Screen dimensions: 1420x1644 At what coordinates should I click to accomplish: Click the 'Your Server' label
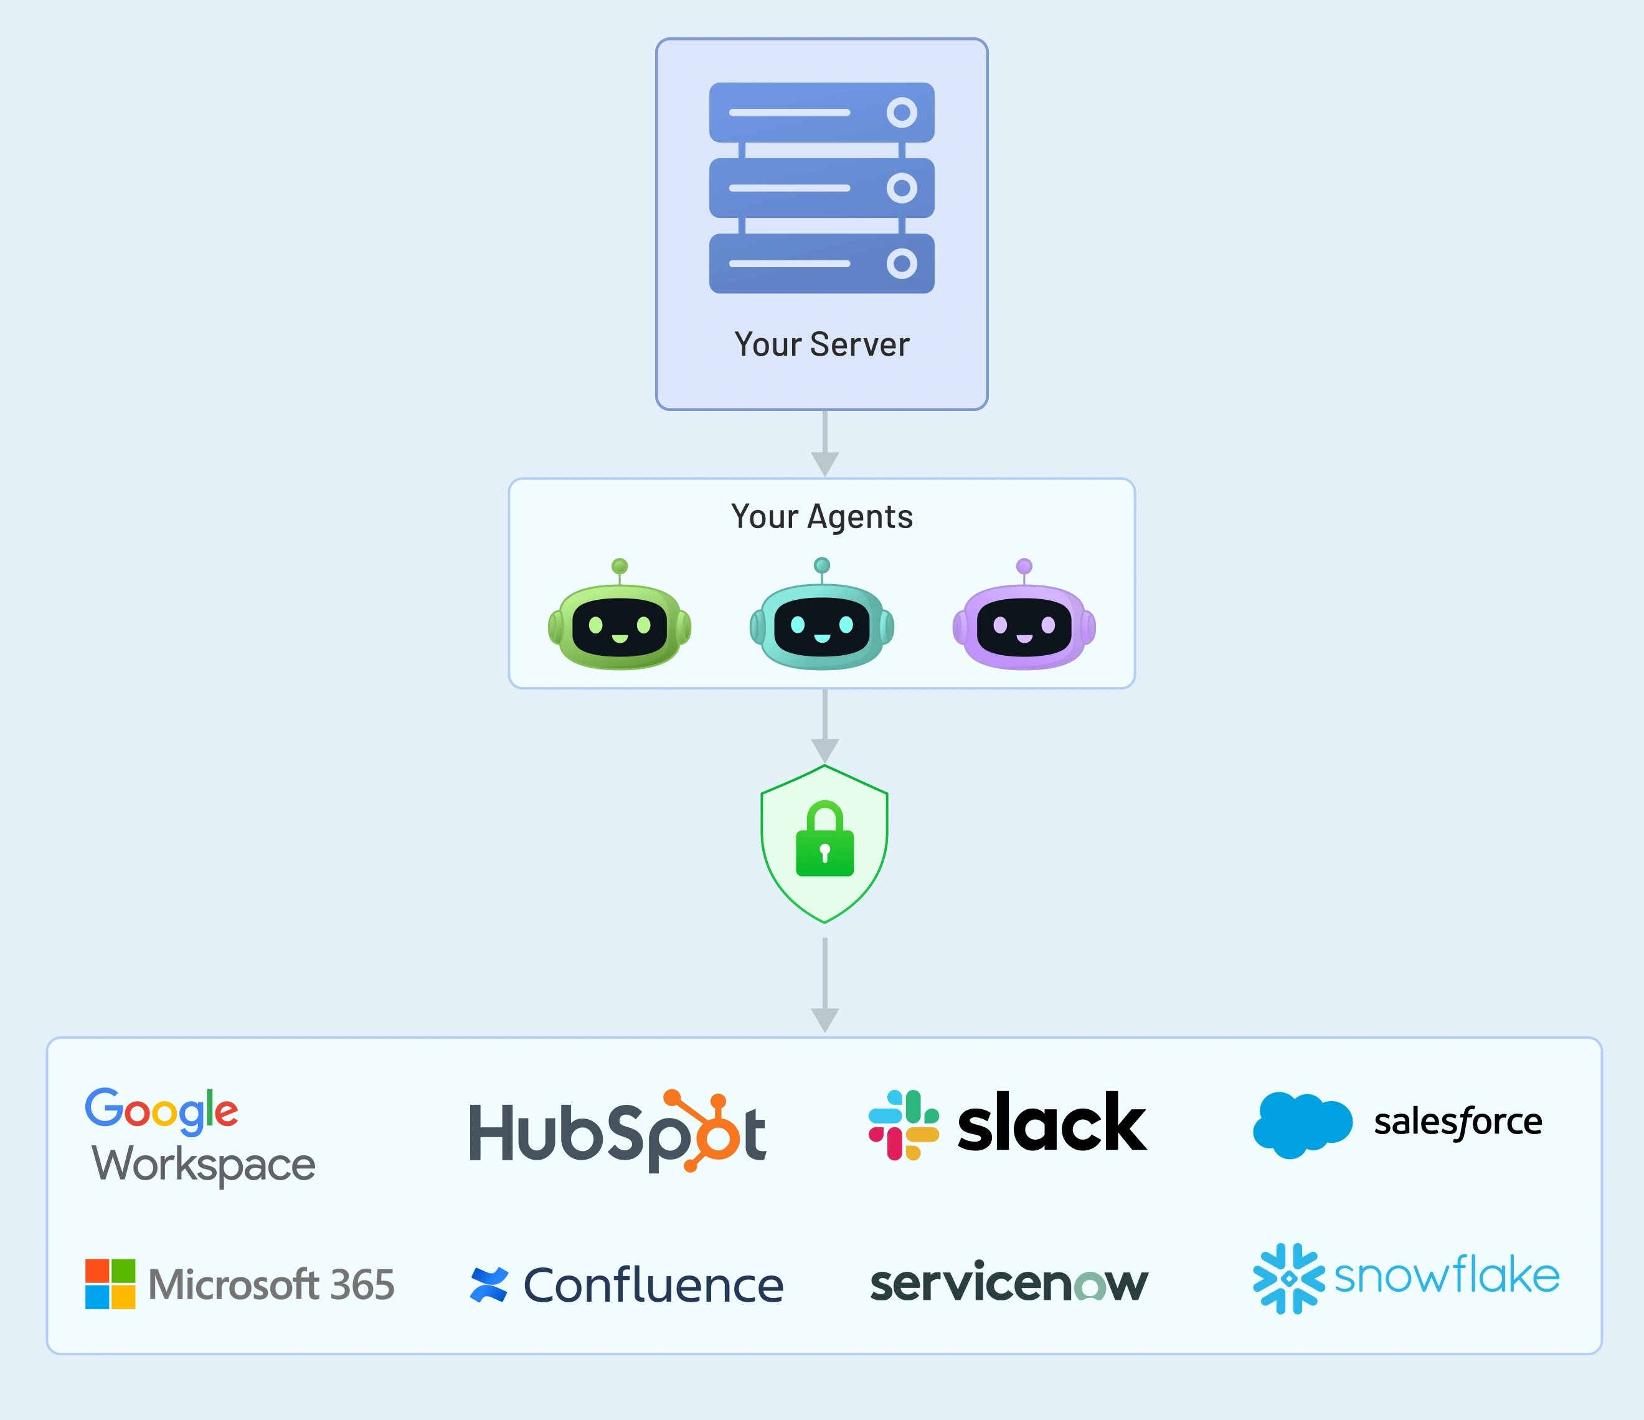(821, 344)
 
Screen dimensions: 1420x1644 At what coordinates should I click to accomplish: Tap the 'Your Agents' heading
(821, 517)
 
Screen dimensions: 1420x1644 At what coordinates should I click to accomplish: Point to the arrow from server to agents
(824, 445)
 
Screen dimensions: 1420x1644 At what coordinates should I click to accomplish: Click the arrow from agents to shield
(824, 727)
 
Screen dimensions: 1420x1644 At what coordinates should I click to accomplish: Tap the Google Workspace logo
(200, 1137)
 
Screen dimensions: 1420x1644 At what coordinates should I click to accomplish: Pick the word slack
(1051, 1123)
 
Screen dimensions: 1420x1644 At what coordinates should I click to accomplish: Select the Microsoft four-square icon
(110, 1284)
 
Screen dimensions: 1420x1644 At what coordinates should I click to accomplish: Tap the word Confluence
(653, 1286)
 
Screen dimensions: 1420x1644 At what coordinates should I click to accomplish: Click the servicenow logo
(1008, 1283)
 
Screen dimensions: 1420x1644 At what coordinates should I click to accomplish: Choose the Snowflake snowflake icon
(1288, 1279)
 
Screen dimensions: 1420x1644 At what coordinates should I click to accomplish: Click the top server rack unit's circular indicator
(901, 113)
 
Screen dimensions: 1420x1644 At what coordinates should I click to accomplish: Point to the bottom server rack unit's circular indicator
(901, 263)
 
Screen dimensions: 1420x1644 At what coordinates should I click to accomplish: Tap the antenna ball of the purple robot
(1024, 566)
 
